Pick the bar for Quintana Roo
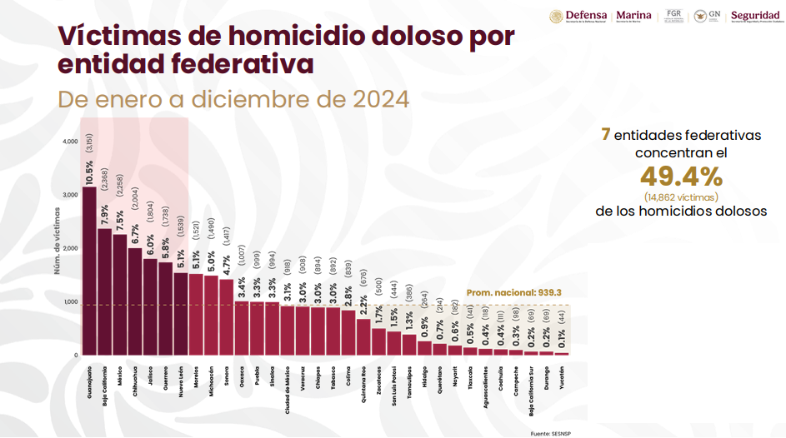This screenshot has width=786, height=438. click(363, 336)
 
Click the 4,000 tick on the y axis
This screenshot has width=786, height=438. click(70, 142)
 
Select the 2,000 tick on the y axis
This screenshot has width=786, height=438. click(70, 248)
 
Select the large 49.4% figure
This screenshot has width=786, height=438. click(680, 177)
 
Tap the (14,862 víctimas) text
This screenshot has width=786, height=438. click(680, 197)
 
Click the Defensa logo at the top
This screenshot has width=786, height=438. click(578, 17)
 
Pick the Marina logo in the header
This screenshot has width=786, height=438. click(634, 17)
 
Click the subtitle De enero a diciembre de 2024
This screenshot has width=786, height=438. click(233, 100)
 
